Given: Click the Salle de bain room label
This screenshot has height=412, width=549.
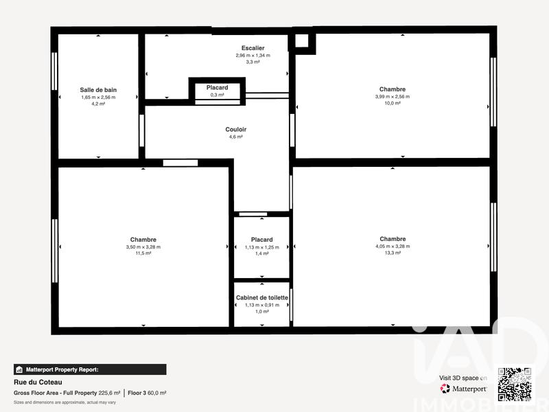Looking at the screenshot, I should (x=98, y=90).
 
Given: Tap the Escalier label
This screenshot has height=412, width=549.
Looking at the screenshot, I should (x=253, y=48).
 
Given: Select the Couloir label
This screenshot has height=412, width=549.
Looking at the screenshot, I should (x=235, y=129).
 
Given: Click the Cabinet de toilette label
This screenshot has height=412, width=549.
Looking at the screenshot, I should (x=261, y=297).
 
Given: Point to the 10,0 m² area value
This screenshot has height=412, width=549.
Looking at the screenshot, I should (x=392, y=103).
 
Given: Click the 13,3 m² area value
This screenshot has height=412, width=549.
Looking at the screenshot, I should (x=392, y=253).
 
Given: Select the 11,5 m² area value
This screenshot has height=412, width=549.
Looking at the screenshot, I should (x=143, y=253).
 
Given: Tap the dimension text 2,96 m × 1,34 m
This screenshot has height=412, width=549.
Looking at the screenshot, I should (x=253, y=55).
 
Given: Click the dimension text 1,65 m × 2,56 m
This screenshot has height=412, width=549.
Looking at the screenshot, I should (x=98, y=98).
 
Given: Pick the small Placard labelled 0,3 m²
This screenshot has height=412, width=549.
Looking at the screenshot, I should (x=217, y=91).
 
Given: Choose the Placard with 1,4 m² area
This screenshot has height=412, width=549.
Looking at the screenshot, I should (x=261, y=247).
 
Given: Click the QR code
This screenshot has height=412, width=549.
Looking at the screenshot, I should (x=514, y=385).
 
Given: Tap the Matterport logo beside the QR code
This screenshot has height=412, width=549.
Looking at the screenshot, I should (x=464, y=389).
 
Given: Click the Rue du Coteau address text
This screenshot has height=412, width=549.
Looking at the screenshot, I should (x=38, y=382).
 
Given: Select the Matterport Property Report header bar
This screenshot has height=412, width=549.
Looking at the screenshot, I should (x=89, y=369).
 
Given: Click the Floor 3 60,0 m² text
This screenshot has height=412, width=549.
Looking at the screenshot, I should (x=147, y=393).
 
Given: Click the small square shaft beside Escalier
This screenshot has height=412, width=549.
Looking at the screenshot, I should (x=302, y=41).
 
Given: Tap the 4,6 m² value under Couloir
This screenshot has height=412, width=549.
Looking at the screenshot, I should (x=235, y=137).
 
